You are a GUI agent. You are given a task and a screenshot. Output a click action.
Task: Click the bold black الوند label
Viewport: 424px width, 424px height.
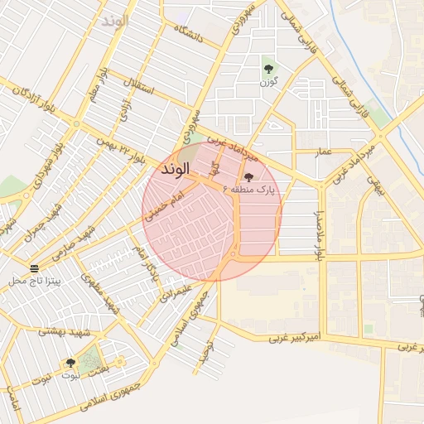click(175, 169)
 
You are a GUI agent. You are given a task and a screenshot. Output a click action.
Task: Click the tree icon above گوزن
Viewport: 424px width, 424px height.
click(267, 69)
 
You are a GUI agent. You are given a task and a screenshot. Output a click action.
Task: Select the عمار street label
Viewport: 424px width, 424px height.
click(324, 152)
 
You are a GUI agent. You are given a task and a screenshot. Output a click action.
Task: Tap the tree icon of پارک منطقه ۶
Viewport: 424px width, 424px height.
click(248, 176)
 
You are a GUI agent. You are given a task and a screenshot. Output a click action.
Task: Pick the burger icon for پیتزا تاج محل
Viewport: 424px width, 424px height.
click(34, 268)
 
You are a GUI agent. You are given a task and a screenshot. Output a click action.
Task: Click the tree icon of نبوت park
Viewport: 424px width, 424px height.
click(70, 363)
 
